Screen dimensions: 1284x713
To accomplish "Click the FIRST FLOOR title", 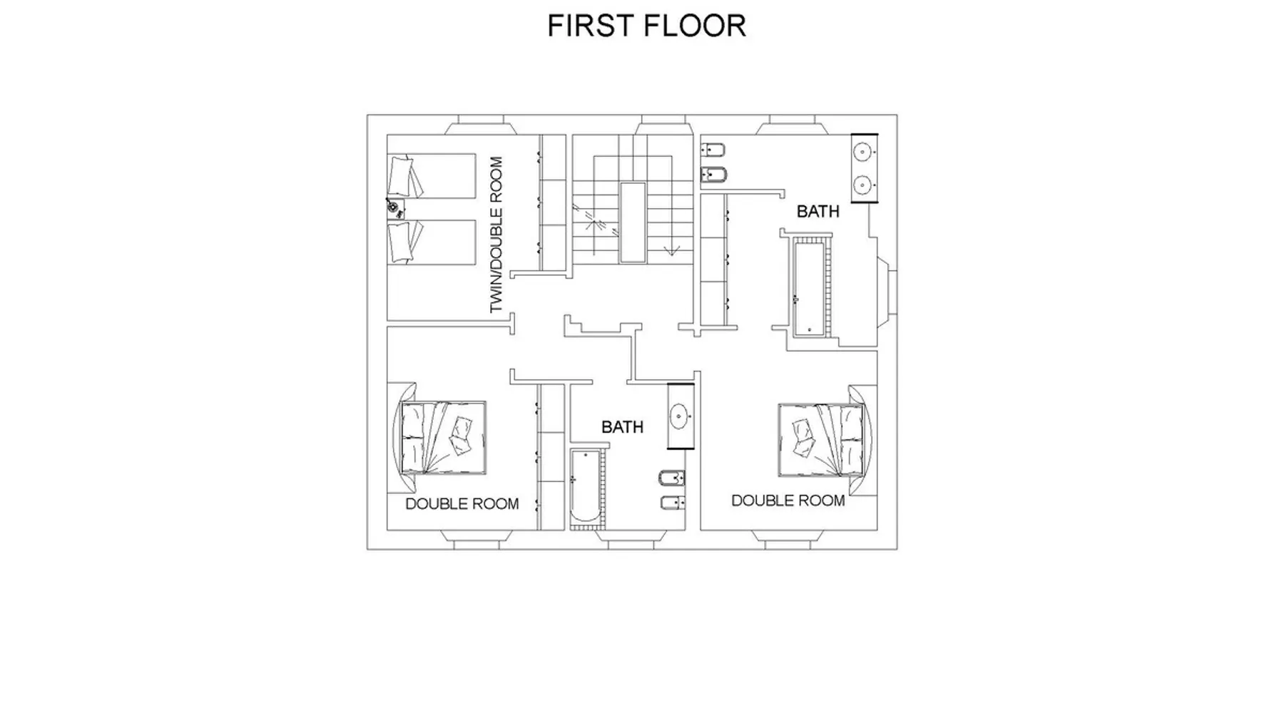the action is [x=646, y=26].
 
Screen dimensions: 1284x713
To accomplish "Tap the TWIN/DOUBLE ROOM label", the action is [x=496, y=235].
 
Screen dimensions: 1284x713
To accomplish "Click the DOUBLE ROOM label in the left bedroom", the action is [x=462, y=504].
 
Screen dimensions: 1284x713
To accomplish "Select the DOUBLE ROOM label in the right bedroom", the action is [x=788, y=501].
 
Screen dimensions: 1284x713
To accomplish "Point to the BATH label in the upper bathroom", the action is [x=818, y=212].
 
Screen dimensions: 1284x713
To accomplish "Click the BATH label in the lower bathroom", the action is [x=623, y=427].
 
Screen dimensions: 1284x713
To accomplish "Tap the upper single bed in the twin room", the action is [x=432, y=176].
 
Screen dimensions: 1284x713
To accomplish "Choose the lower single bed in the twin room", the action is [x=432, y=242].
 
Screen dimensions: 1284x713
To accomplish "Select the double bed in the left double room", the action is [x=443, y=438].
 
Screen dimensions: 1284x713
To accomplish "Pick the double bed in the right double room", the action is [x=820, y=440].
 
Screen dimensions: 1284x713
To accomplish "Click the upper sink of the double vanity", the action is [x=863, y=152].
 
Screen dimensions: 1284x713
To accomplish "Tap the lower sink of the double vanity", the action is [x=863, y=185].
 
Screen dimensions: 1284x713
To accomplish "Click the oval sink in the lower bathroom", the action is [x=679, y=416].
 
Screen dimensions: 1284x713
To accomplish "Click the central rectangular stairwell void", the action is [x=633, y=223].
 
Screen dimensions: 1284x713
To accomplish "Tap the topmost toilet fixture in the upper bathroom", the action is [x=713, y=150].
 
